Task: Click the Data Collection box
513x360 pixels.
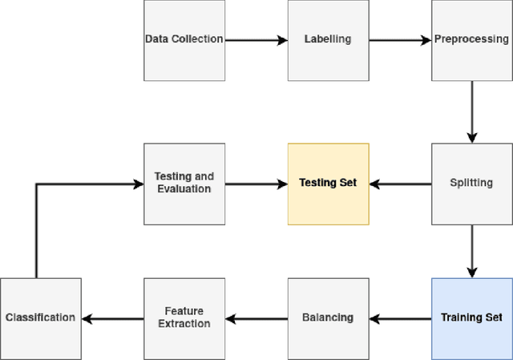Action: click(184, 40)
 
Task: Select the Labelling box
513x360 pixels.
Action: click(328, 40)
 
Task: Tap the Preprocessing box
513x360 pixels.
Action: click(471, 40)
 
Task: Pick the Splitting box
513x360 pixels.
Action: click(471, 184)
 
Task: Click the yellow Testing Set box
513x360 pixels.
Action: click(328, 184)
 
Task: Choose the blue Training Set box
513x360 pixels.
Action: click(471, 318)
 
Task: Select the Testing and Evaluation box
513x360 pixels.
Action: click(184, 184)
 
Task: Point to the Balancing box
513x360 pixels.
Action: click(328, 318)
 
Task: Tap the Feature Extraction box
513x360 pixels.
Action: click(184, 318)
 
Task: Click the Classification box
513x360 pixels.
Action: click(40, 318)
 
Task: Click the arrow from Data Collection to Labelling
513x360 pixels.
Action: click(256, 40)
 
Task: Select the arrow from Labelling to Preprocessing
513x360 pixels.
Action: click(400, 40)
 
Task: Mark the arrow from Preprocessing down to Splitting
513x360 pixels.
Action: click(471, 112)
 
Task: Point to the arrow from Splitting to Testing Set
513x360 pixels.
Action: click(400, 184)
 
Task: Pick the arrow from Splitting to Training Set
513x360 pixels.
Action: click(471, 251)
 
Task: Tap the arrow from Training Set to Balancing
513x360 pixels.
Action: click(400, 318)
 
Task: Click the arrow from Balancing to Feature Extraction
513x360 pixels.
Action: click(256, 318)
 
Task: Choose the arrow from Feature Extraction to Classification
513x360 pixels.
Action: click(112, 318)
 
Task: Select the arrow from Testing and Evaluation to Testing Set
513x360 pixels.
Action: click(256, 184)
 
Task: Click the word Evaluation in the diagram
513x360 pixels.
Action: click(184, 190)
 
